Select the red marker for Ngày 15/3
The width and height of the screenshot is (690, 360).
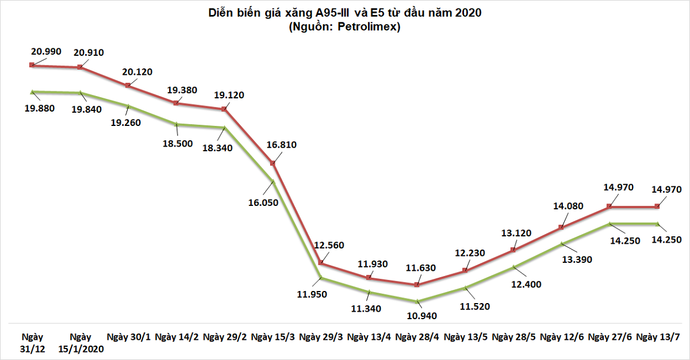click(x=274, y=163)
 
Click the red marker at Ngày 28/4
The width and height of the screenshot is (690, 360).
click(x=418, y=285)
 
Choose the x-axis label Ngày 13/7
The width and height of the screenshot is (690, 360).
click(x=659, y=336)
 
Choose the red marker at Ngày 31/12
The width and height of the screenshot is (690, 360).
click(x=32, y=66)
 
